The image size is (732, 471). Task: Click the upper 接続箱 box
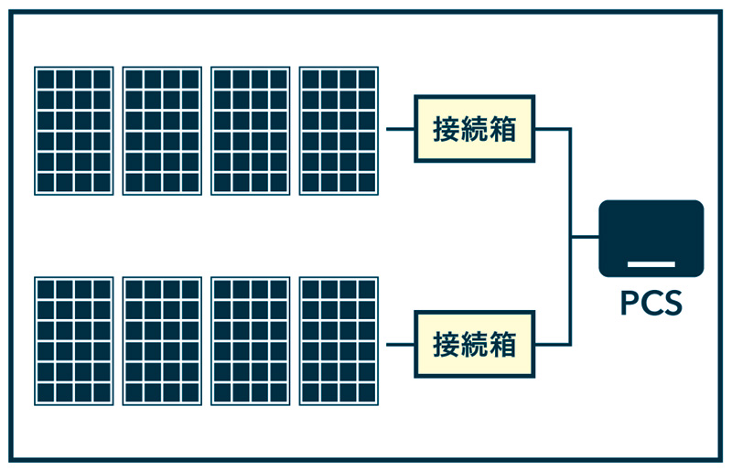pyautogui.click(x=475, y=129)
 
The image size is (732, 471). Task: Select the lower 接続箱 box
pyautogui.click(x=475, y=344)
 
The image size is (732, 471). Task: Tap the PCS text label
pyautogui.click(x=651, y=303)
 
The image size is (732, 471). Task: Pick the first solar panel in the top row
pyautogui.click(x=74, y=130)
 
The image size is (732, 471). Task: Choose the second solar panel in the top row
pyautogui.click(x=162, y=130)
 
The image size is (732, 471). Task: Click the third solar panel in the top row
pyautogui.click(x=250, y=130)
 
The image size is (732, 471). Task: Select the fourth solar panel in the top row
pyautogui.click(x=339, y=130)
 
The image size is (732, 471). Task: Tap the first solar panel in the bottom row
pyautogui.click(x=74, y=341)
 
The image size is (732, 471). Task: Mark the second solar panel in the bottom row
pyautogui.click(x=162, y=341)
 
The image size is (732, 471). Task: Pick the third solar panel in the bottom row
pyautogui.click(x=250, y=341)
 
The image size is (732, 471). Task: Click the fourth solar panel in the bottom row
pyautogui.click(x=339, y=341)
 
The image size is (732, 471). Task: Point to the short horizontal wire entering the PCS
pyautogui.click(x=586, y=237)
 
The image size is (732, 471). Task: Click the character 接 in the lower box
pyautogui.click(x=447, y=344)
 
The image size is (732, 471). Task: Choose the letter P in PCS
pyautogui.click(x=630, y=303)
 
